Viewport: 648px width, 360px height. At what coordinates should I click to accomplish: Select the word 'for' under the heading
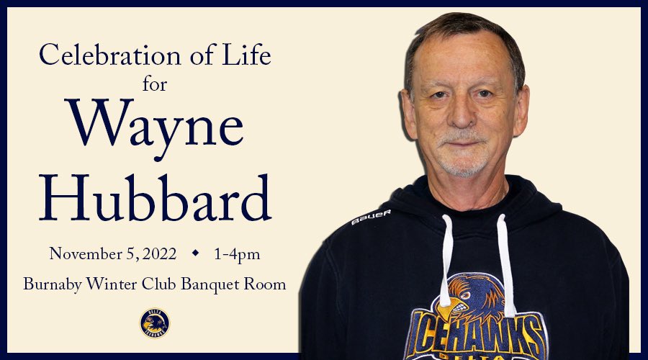(x=154, y=84)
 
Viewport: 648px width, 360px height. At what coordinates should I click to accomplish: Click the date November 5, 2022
(x=112, y=253)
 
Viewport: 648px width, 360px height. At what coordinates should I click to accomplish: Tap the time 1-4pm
(x=236, y=253)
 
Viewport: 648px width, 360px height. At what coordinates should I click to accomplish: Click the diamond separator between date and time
(x=194, y=253)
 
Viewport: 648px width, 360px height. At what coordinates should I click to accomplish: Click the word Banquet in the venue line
(x=213, y=284)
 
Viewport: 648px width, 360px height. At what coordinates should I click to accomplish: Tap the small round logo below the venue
(x=154, y=323)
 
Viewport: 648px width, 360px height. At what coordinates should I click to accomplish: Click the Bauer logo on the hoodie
(x=371, y=217)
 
